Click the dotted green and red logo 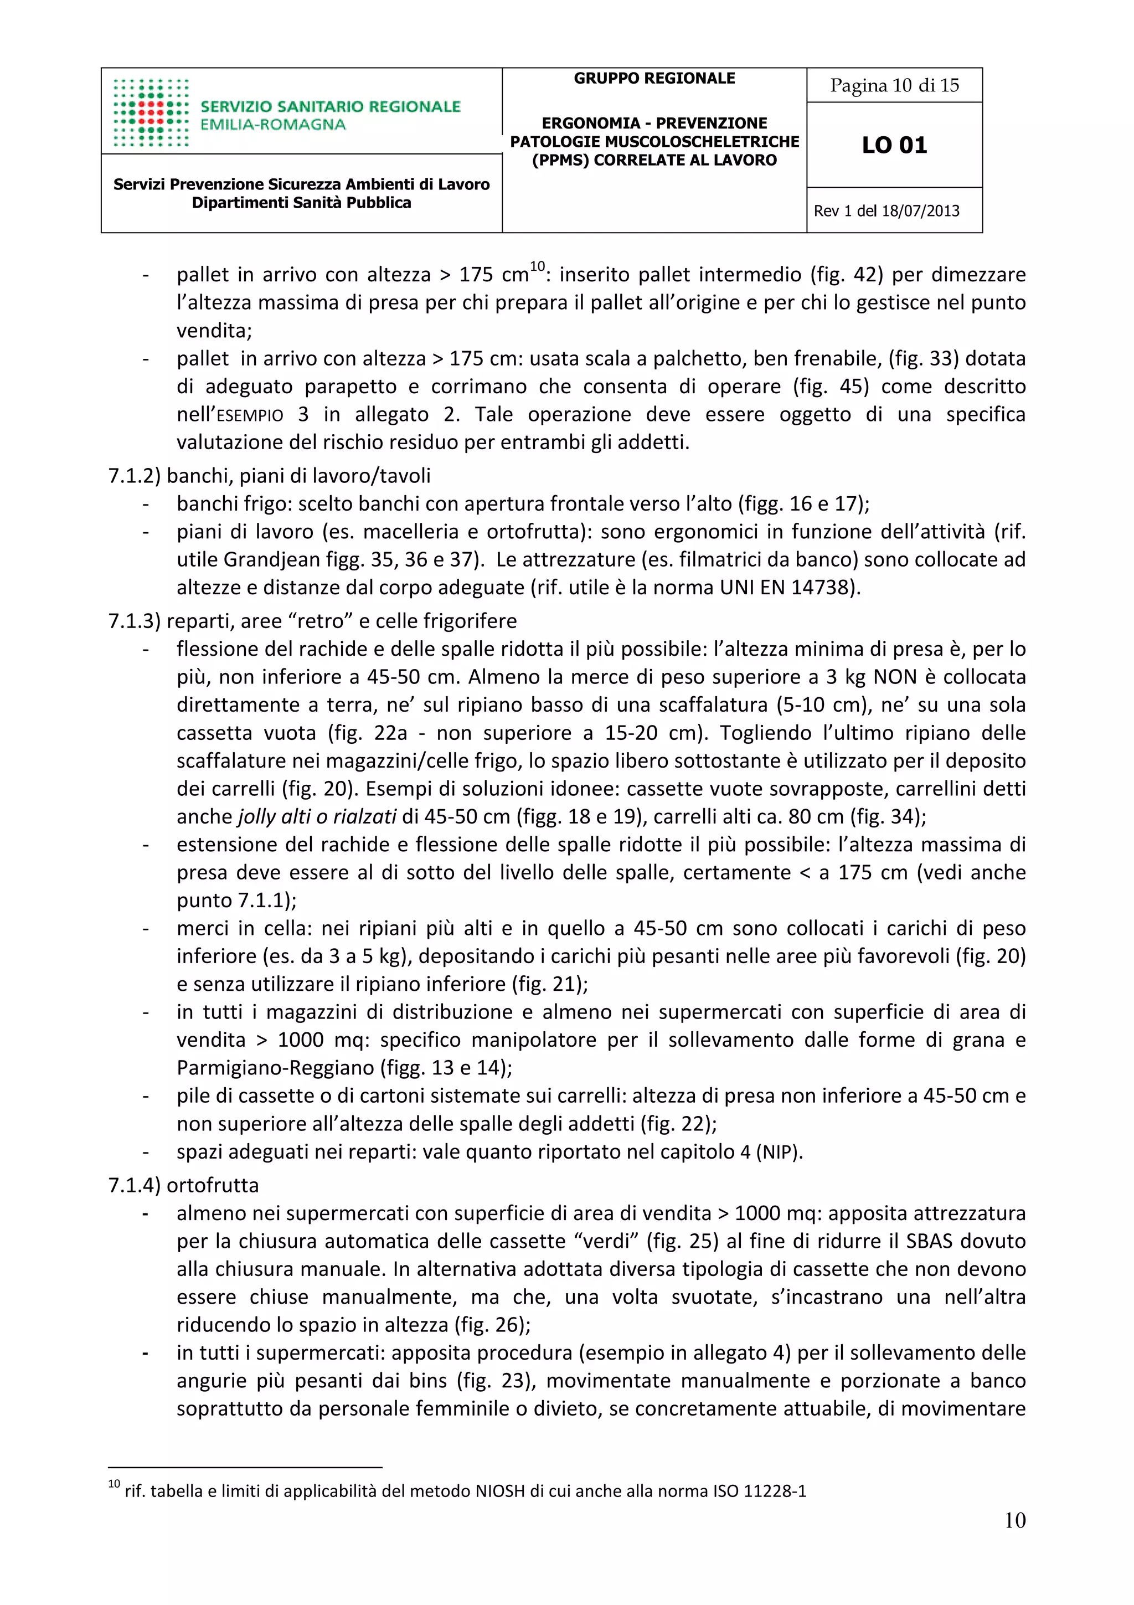[x=151, y=112]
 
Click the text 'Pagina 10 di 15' [x=894, y=85]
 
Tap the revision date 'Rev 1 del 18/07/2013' [x=886, y=210]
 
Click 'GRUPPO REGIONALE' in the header [x=654, y=78]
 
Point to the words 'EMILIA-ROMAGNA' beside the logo [x=272, y=125]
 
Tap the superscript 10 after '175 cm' [x=537, y=266]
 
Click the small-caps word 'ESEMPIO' [x=249, y=415]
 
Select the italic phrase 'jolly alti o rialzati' [x=317, y=816]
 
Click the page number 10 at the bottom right [x=1014, y=1520]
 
